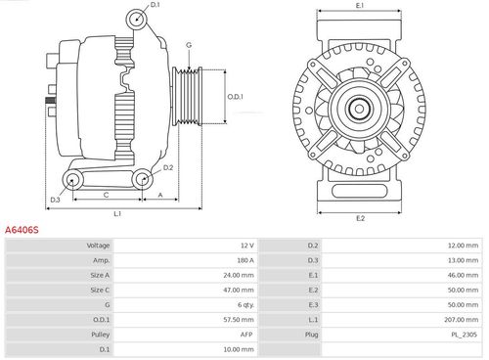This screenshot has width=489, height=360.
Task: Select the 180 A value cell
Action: click(x=244, y=261)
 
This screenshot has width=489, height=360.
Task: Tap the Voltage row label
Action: click(x=98, y=245)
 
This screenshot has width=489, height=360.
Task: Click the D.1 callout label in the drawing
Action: click(x=156, y=6)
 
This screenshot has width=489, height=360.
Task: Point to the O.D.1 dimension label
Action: click(x=235, y=96)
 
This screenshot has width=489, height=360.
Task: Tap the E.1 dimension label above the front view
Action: click(x=360, y=7)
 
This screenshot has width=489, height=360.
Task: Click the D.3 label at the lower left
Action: click(x=56, y=200)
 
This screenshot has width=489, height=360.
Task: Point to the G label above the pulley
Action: click(x=188, y=45)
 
